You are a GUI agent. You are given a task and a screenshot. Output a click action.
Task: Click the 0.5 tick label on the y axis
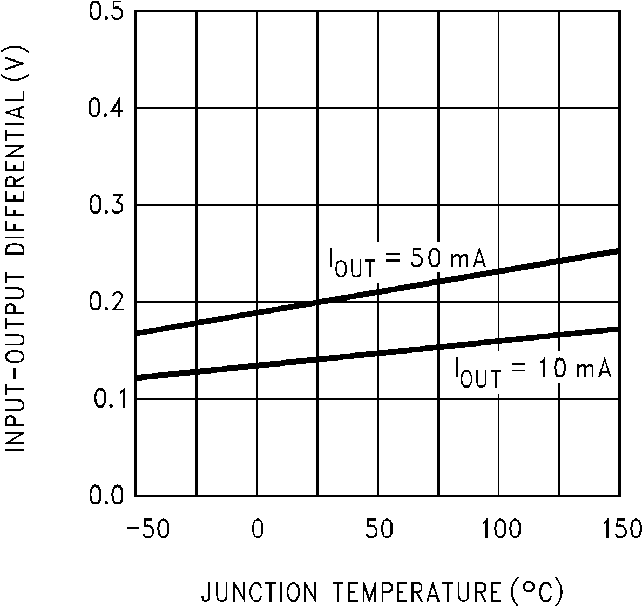click(107, 11)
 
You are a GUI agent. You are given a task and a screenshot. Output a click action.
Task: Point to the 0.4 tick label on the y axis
click(107, 108)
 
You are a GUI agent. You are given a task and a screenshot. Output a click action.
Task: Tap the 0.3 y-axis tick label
click(107, 205)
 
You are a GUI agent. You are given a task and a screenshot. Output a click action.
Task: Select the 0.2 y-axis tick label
click(107, 302)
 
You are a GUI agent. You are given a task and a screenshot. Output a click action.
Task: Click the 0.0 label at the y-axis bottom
click(107, 495)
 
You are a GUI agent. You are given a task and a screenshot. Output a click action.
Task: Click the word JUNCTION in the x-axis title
click(259, 592)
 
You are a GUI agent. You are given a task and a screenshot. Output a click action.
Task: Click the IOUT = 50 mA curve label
click(408, 261)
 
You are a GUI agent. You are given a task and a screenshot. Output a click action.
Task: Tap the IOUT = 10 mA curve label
click(532, 371)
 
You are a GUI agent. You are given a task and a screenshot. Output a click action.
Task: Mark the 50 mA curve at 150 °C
click(617, 251)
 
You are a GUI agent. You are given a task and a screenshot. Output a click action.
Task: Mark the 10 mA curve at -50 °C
click(138, 376)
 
